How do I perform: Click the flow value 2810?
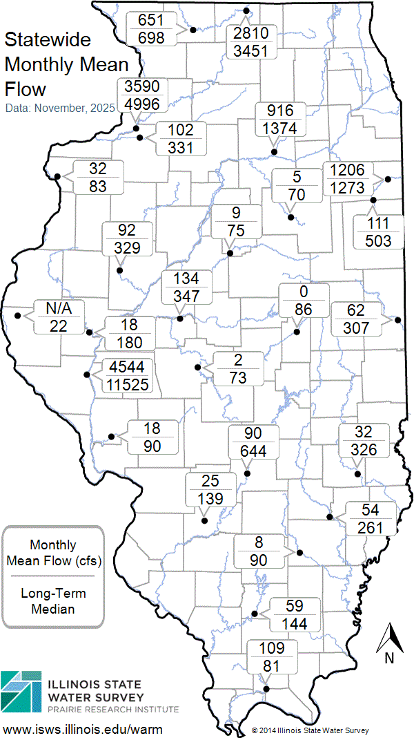tap(255, 35)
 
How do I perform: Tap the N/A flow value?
tap(58, 308)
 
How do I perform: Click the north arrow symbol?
tap(389, 638)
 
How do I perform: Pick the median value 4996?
tap(142, 104)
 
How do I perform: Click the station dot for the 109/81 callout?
tap(266, 688)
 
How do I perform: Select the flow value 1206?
tap(348, 170)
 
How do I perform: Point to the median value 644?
tap(254, 451)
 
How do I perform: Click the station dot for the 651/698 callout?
tap(193, 30)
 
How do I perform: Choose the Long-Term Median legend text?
tap(52, 601)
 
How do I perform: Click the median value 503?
tap(379, 240)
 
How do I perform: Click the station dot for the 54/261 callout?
tap(330, 516)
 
